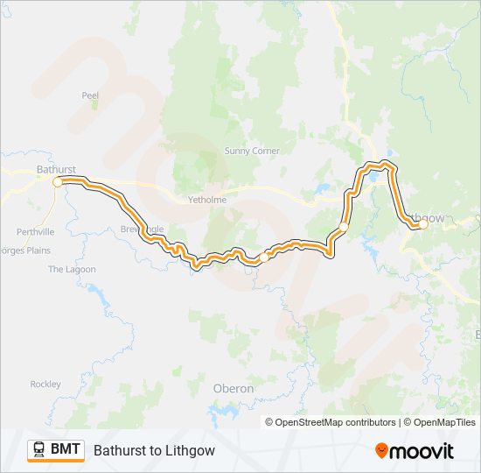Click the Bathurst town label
56,168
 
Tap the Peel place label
90,95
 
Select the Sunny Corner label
252,151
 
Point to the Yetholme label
207,200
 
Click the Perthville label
35,232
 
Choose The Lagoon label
72,270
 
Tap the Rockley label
45,384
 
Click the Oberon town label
234,388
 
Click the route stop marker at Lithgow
422,224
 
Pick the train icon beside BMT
38,450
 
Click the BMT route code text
66,450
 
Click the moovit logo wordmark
422,451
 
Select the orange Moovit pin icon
382,451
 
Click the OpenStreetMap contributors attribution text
331,422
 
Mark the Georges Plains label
24,251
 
